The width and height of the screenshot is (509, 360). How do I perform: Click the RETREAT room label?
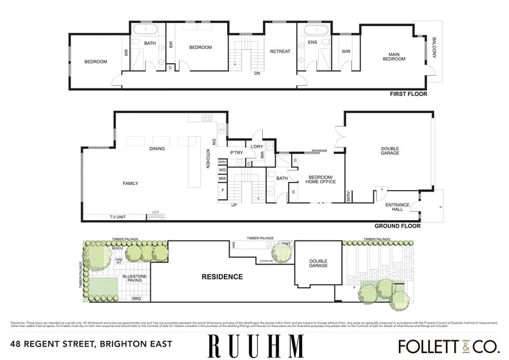click(x=280, y=52)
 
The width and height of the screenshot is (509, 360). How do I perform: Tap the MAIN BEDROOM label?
click(x=394, y=57)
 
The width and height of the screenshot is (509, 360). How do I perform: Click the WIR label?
click(x=346, y=52)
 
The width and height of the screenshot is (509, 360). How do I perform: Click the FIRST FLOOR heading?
click(x=408, y=94)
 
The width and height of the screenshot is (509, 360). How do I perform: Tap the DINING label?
click(x=157, y=149)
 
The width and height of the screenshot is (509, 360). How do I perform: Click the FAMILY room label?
click(x=130, y=184)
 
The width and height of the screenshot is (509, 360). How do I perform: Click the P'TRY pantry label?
click(x=237, y=153)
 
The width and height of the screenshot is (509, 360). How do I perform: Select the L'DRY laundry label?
click(x=257, y=147)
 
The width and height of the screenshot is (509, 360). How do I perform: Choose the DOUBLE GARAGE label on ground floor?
click(x=390, y=151)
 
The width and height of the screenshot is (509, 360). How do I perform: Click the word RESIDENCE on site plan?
click(x=222, y=277)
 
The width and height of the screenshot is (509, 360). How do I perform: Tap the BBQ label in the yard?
click(x=136, y=298)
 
